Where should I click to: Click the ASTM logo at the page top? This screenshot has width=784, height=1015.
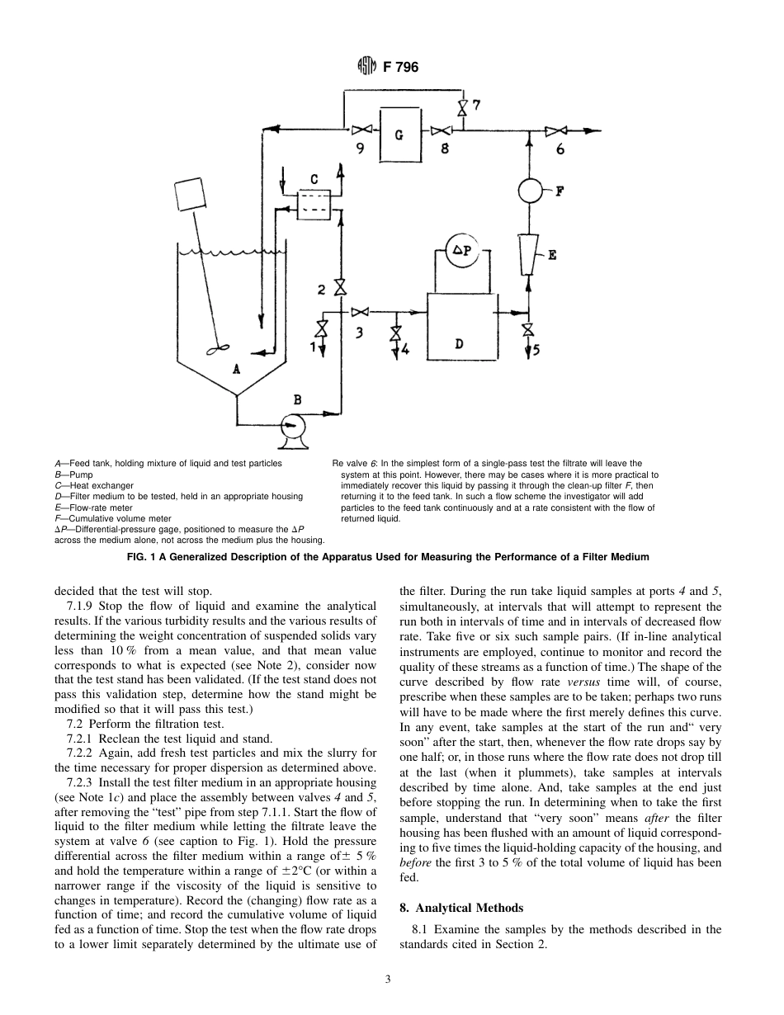(366, 67)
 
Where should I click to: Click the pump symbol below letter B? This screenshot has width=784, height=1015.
(292, 427)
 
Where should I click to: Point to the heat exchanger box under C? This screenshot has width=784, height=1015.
(313, 204)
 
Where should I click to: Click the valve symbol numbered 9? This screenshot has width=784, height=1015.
(361, 130)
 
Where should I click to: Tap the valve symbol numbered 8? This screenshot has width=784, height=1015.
(441, 130)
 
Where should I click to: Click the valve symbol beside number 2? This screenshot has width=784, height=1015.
(338, 288)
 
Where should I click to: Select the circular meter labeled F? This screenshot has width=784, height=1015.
(529, 191)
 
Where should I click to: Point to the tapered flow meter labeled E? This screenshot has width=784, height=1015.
(528, 253)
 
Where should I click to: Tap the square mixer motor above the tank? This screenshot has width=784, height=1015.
(192, 195)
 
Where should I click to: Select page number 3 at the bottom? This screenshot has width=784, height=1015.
(388, 980)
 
